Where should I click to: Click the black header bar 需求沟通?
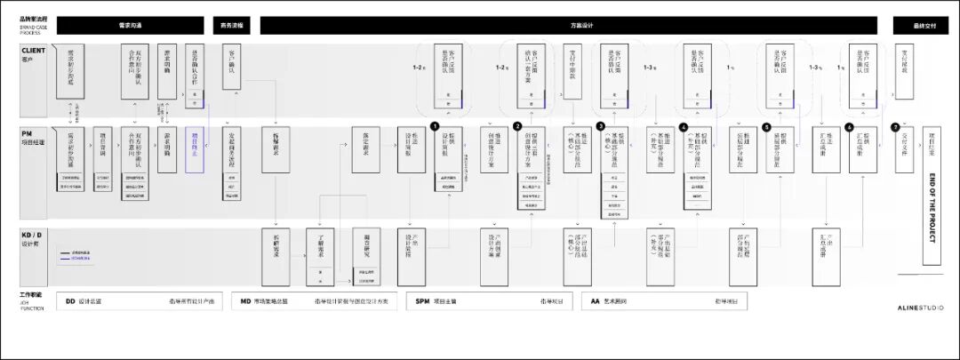pyautogui.click(x=131, y=26)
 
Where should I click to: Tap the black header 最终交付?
pyautogui.click(x=925, y=26)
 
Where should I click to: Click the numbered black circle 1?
pyautogui.click(x=434, y=127)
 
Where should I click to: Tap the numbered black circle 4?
pyautogui.click(x=683, y=127)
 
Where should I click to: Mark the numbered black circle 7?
pyautogui.click(x=895, y=127)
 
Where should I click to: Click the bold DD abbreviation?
pyautogui.click(x=70, y=301)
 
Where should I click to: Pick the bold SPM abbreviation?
pyautogui.click(x=422, y=301)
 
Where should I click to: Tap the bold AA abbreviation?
pyautogui.click(x=596, y=301)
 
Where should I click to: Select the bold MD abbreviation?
pyautogui.click(x=245, y=301)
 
